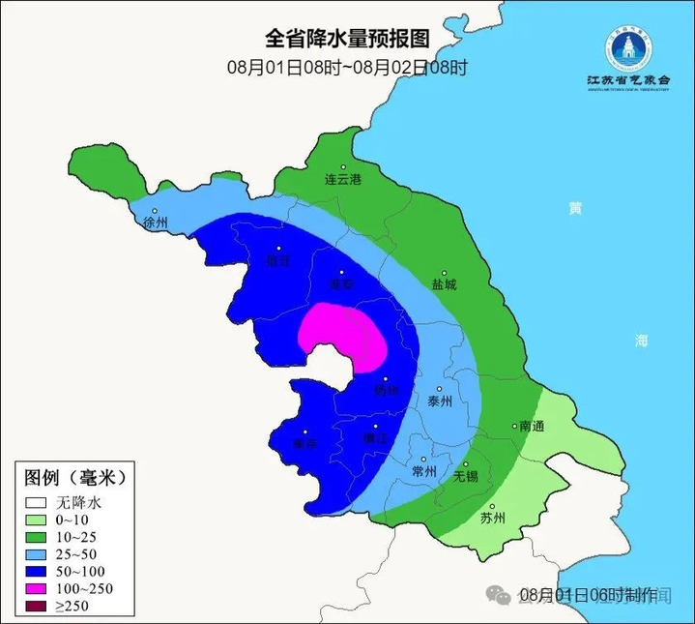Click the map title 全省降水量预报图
coord(346,38)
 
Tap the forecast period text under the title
coord(347,68)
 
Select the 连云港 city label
coord(342,179)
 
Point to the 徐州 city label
coord(155,223)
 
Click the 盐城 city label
coord(444,285)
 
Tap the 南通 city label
coord(532,426)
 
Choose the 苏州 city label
coord(493,518)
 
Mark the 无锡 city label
coord(466,476)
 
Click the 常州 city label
coord(424,471)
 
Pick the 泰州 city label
coord(439,401)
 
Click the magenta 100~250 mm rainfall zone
coord(343,334)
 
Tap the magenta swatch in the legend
coord(37,589)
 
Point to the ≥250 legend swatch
coord(37,607)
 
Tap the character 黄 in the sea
coord(576,209)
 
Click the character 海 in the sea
coord(642,341)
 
